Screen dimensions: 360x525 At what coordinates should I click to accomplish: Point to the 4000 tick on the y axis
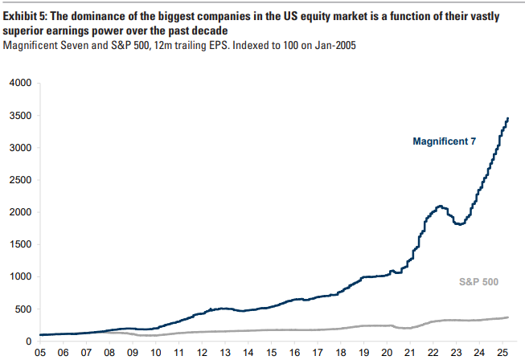click(19, 83)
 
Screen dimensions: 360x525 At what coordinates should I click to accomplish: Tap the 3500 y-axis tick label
click(19, 116)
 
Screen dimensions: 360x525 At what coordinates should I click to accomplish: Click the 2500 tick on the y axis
click(19, 180)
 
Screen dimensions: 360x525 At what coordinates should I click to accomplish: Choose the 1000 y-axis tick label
click(19, 276)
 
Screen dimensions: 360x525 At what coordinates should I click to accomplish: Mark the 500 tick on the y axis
click(22, 309)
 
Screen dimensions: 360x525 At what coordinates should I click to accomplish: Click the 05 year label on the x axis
click(39, 352)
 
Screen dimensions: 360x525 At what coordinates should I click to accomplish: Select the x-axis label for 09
click(133, 352)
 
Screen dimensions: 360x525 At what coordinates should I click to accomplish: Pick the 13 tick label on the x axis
click(226, 352)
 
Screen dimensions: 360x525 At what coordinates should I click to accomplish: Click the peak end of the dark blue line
click(508, 118)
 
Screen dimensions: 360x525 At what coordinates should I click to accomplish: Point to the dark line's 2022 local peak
click(441, 207)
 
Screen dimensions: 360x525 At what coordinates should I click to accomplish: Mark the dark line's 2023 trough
click(459, 224)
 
